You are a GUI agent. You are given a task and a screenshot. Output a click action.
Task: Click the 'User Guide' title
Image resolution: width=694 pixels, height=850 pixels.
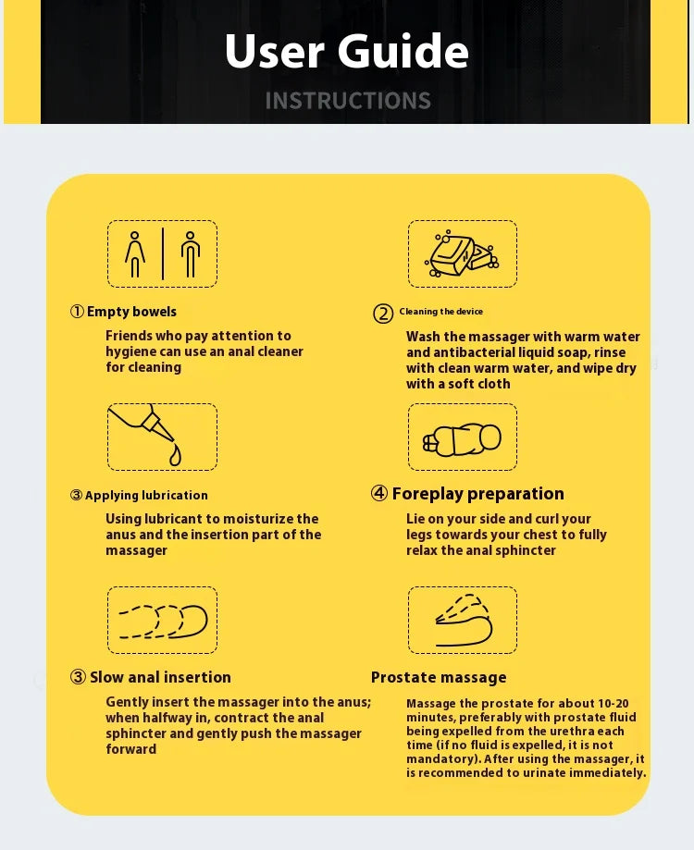coord(347,51)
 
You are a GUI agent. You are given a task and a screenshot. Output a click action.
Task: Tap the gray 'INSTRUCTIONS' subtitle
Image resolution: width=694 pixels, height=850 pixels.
coord(348,101)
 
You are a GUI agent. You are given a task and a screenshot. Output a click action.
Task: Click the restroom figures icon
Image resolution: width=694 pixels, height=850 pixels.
coord(163,253)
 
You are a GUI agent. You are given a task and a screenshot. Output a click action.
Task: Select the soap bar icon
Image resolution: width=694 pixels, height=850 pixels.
coord(462,253)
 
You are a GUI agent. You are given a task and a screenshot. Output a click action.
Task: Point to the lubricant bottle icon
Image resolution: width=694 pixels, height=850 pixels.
coord(147,428)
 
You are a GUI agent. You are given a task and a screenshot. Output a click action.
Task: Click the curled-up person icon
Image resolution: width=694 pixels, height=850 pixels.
coord(462,439)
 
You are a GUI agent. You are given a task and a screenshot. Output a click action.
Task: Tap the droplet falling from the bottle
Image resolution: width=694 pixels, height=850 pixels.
coord(175,456)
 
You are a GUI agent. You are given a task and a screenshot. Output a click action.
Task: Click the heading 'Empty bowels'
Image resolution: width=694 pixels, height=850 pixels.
coord(131,312)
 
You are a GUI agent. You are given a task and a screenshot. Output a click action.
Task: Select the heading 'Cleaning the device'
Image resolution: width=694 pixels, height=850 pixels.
coord(440,311)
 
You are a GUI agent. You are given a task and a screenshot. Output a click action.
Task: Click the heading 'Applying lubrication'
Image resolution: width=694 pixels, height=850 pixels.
coord(146,495)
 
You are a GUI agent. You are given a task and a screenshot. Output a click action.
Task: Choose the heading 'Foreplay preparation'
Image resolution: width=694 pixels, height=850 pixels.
coord(477,494)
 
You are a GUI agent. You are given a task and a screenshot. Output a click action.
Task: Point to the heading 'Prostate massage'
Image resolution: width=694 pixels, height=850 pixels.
coord(439,677)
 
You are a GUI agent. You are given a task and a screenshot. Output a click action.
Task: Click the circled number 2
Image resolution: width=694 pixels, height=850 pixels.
coord(383,314)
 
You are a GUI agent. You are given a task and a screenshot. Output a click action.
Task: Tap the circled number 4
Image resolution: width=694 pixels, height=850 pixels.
coord(379,493)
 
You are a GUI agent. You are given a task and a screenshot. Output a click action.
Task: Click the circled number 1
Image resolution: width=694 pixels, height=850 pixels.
coord(77,311)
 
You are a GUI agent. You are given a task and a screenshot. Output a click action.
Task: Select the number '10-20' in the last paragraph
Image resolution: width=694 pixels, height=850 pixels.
coord(613,703)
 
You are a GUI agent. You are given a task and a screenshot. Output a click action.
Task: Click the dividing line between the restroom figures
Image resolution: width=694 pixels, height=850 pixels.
coord(163,253)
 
